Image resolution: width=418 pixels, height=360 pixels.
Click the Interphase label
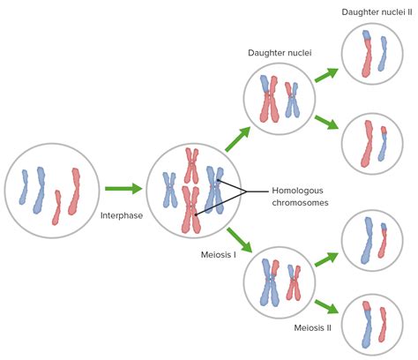[121, 215]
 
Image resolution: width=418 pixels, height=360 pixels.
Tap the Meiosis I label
[219, 256]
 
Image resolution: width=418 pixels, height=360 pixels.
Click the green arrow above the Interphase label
[123, 188]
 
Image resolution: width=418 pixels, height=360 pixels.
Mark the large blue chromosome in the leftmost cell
[40, 191]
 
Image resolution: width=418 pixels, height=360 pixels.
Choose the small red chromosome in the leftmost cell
[57, 206]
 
